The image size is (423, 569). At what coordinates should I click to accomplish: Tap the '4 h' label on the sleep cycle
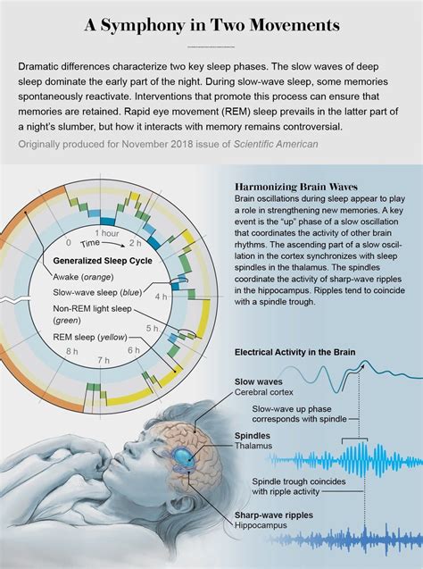pyautogui.click(x=160, y=296)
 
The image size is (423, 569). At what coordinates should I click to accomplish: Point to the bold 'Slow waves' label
pyautogui.click(x=258, y=381)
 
